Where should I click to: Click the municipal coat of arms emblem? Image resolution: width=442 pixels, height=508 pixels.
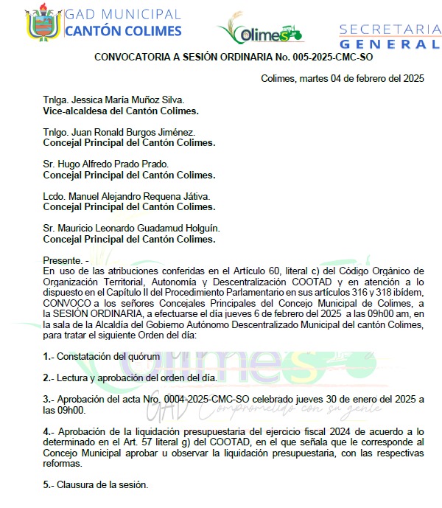[43, 23]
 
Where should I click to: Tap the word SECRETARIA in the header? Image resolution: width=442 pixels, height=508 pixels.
[390, 29]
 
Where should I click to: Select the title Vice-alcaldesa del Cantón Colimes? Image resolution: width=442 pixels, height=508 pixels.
[121, 111]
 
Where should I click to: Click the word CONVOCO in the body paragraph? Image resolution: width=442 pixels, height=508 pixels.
[66, 303]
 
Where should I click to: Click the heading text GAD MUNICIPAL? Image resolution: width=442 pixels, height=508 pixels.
[122, 15]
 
